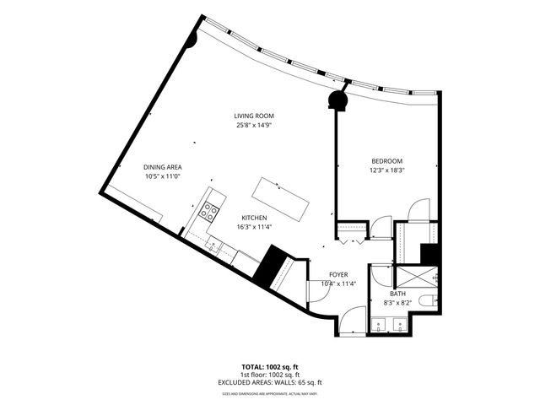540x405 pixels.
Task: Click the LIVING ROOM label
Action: pyautogui.click(x=254, y=116)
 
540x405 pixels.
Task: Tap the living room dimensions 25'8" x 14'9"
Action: pyautogui.click(x=254, y=125)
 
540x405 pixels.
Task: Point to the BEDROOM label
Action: pyautogui.click(x=386, y=161)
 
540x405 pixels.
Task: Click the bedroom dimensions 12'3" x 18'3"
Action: pyautogui.click(x=386, y=170)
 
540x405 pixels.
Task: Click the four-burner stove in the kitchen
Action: pyautogui.click(x=208, y=212)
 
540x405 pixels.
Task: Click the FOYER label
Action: pyautogui.click(x=338, y=274)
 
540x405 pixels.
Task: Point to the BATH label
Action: pyautogui.click(x=397, y=294)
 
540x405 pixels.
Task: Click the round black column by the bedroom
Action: pyautogui.click(x=338, y=100)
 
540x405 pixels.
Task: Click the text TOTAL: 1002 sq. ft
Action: pyautogui.click(x=269, y=367)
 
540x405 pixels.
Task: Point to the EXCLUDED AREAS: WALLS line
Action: pyautogui.click(x=269, y=382)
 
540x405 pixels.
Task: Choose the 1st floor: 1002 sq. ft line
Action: pyautogui.click(x=269, y=375)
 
